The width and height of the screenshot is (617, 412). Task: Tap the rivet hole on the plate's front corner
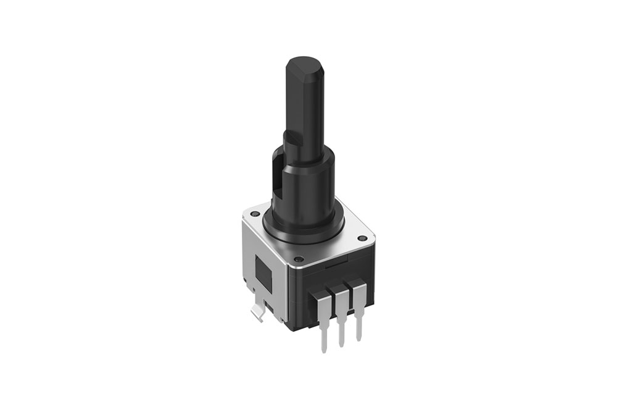[x=298, y=259]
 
